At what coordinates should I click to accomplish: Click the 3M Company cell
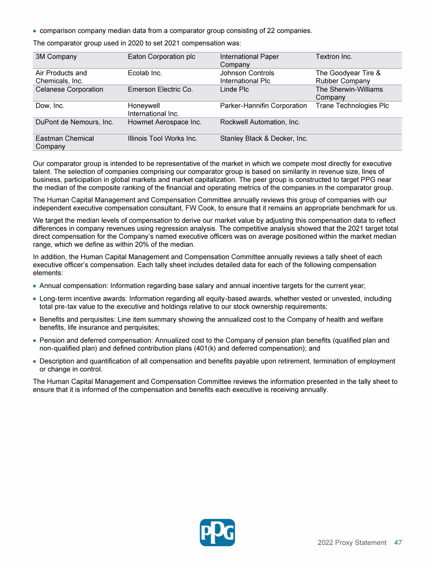pos(56,57)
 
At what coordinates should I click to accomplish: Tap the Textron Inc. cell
pos(334,57)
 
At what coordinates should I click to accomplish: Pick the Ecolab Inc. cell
pos(145,73)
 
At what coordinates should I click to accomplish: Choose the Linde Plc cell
pos(234,90)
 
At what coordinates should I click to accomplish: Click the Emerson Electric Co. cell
pos(160,90)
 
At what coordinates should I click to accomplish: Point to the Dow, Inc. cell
pos(50,106)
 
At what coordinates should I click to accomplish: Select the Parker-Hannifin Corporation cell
pos(263,106)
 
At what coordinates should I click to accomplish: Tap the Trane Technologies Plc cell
pos(352,106)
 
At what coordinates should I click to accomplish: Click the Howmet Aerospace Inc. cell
pos(165,122)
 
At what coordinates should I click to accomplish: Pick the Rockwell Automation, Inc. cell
pos(260,122)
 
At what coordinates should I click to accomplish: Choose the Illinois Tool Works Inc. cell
pos(163,138)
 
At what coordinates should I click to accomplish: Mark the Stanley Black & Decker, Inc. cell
pos(264,138)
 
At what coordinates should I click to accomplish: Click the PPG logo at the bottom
pos(217,532)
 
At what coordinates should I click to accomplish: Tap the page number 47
pos(398,543)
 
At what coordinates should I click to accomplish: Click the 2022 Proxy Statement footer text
pos(352,543)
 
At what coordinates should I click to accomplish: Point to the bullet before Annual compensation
pos(35,286)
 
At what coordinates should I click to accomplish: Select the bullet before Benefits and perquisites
pos(35,320)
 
